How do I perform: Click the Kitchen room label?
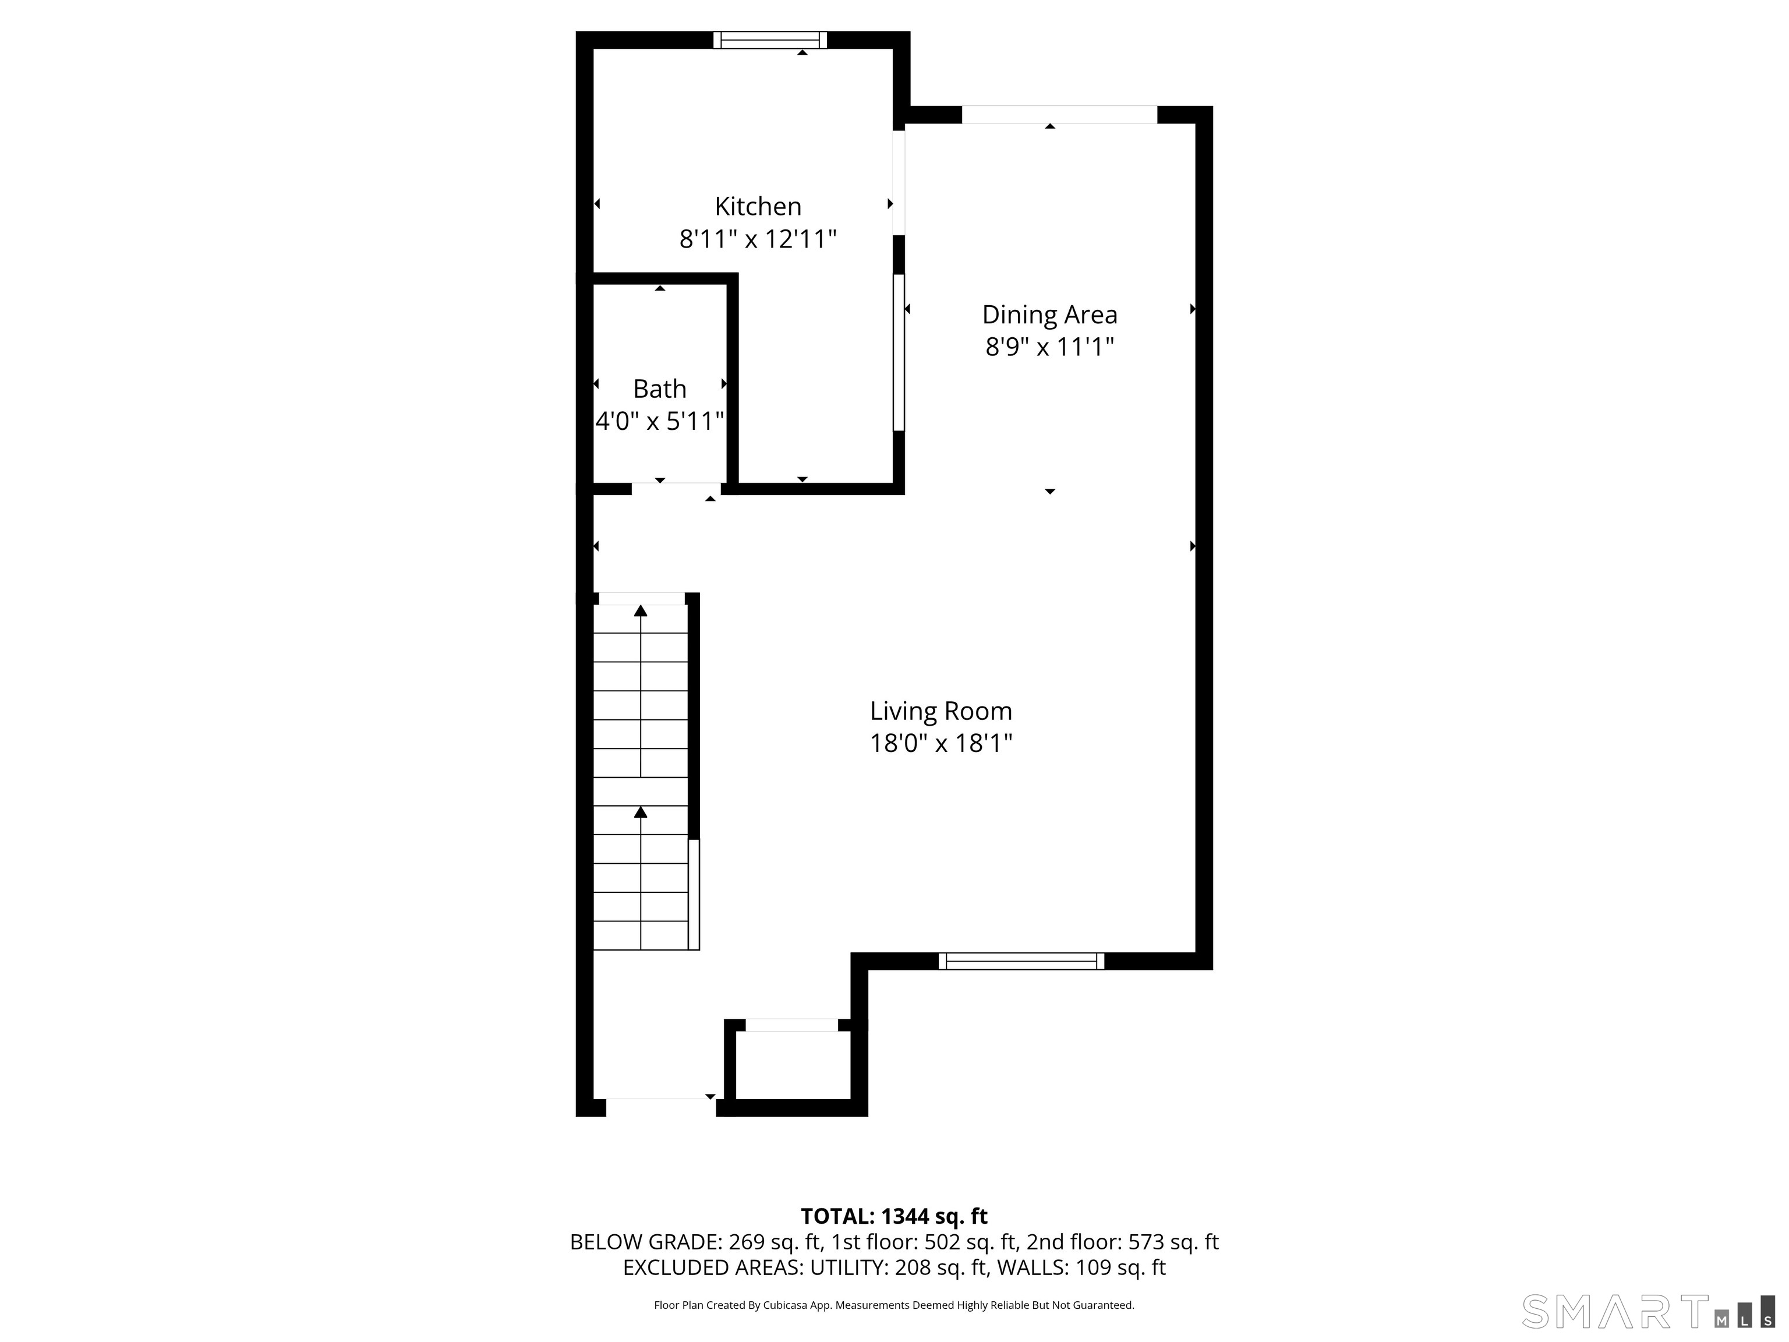pyautogui.click(x=758, y=206)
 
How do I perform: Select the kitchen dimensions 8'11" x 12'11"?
pyautogui.click(x=758, y=239)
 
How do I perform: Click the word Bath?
pyautogui.click(x=659, y=389)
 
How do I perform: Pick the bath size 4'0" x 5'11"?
pyautogui.click(x=659, y=422)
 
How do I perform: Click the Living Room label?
pyautogui.click(x=941, y=711)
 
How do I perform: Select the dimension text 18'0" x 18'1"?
pyautogui.click(x=941, y=743)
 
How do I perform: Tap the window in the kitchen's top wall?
pyautogui.click(x=770, y=40)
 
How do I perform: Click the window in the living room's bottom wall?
pyautogui.click(x=1021, y=961)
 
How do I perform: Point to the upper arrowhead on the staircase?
pyautogui.click(x=641, y=611)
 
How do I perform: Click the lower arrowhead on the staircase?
pyautogui.click(x=641, y=811)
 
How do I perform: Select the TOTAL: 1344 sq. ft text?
pyautogui.click(x=894, y=1216)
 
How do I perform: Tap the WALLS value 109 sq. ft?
pyautogui.click(x=1120, y=1267)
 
